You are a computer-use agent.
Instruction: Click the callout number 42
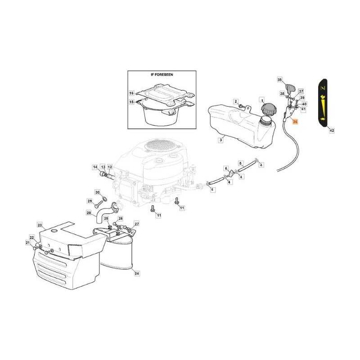click(x=332, y=130)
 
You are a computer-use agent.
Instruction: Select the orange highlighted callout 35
click(x=295, y=121)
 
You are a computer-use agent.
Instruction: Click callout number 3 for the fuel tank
click(x=221, y=140)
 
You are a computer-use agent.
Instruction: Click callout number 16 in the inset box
click(x=132, y=93)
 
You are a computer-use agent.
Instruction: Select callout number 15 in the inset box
click(x=132, y=102)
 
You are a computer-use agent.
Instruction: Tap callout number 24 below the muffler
click(x=137, y=273)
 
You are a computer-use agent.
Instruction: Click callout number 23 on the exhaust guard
click(x=40, y=225)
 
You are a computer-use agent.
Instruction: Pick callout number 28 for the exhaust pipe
click(x=89, y=213)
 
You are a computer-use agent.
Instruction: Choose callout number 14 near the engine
click(x=95, y=167)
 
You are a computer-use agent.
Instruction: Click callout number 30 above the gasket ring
click(x=97, y=192)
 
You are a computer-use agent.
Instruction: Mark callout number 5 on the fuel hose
click(x=240, y=163)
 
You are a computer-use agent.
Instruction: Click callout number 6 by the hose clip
click(x=226, y=168)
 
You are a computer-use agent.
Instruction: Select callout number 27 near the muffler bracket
click(x=137, y=224)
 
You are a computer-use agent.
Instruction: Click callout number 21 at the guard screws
click(x=27, y=243)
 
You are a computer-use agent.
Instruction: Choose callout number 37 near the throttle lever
click(x=301, y=91)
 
